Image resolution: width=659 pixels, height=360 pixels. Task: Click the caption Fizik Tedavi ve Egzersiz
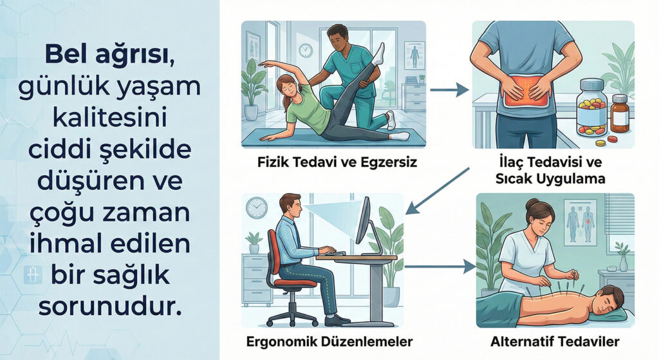click(337, 162)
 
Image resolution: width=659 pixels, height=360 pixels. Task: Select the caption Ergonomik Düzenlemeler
click(329, 341)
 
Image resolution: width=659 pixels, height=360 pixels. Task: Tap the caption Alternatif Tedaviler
click(555, 341)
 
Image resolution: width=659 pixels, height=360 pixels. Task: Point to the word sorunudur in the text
click(111, 307)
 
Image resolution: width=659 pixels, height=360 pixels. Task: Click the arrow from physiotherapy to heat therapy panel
click(449, 90)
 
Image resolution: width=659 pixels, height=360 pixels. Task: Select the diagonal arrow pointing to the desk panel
click(438, 191)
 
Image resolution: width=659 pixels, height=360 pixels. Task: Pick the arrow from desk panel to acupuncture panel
click(440, 266)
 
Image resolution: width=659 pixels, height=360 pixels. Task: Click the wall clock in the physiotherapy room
click(306, 50)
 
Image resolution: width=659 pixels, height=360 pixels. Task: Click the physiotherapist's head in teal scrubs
click(337, 39)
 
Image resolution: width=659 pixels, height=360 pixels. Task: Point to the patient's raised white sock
click(379, 54)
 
